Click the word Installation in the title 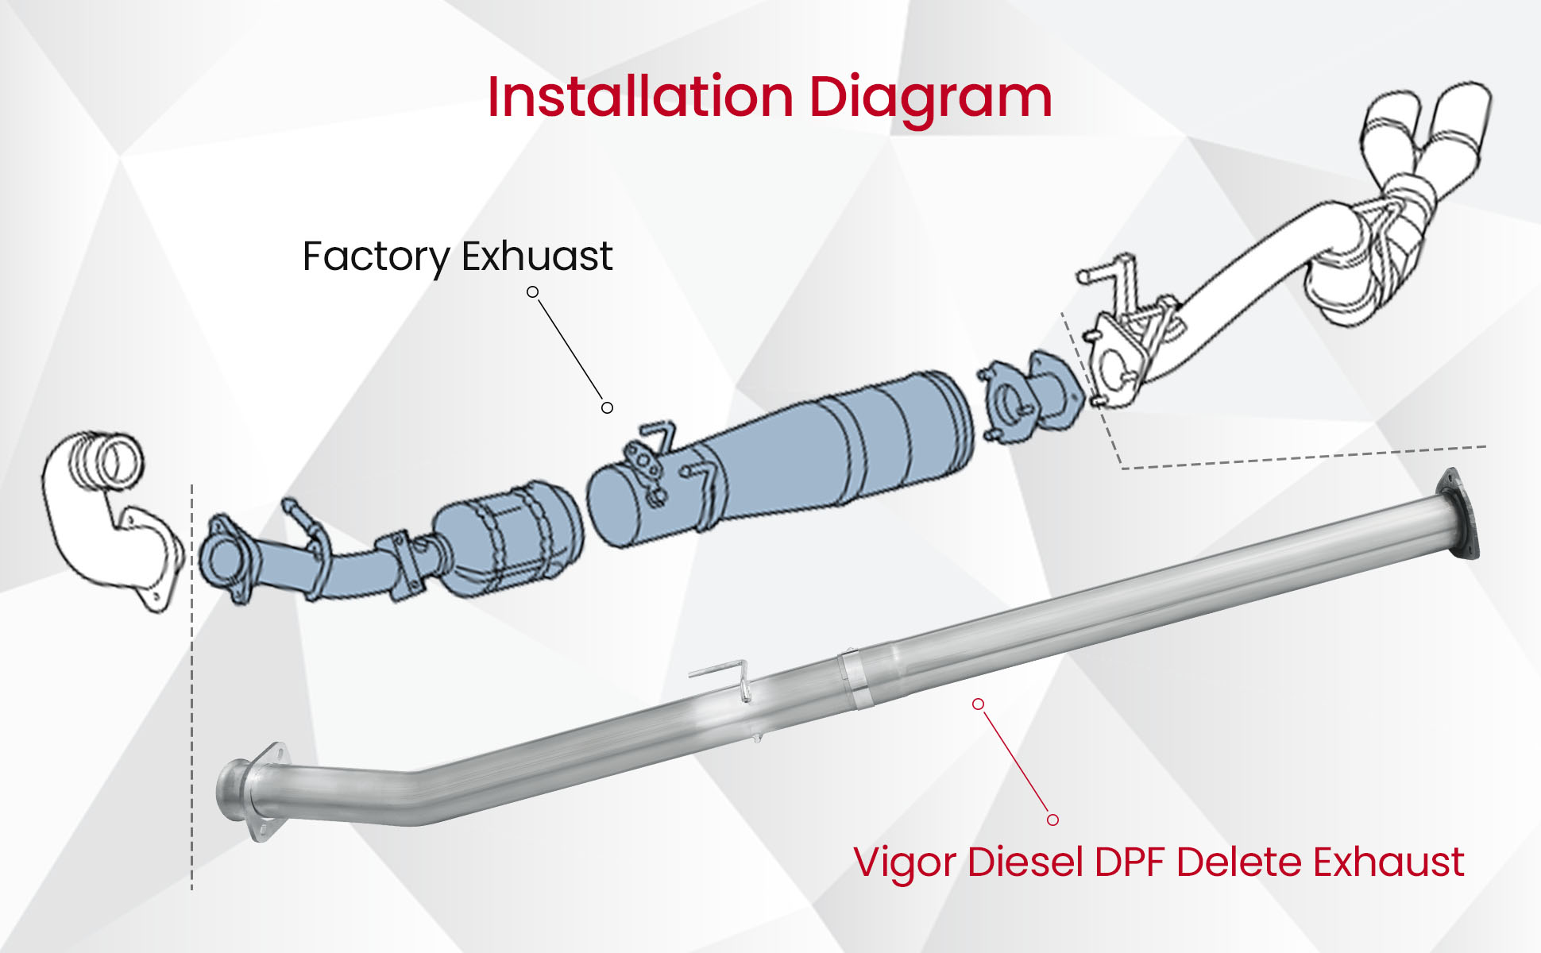pos(640,98)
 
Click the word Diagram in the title pos(930,98)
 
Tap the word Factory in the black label pos(376,257)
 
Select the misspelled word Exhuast pos(537,256)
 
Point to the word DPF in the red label pos(1129,862)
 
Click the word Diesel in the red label pos(1025,862)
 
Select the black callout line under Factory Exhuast pos(570,349)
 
